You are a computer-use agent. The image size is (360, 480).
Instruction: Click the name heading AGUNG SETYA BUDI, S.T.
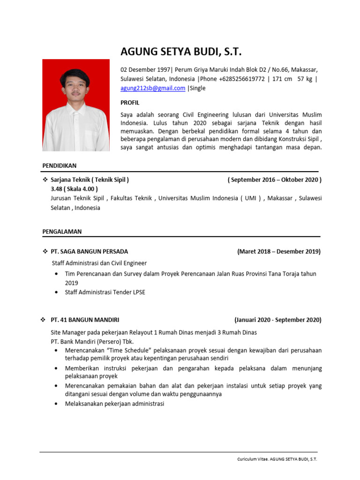click(x=181, y=52)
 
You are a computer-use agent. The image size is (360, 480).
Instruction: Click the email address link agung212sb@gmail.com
click(x=153, y=88)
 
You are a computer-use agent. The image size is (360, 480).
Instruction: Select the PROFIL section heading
click(x=130, y=103)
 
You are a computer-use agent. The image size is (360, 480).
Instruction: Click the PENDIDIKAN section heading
click(x=59, y=165)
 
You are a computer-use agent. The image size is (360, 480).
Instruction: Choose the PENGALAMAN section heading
click(x=62, y=231)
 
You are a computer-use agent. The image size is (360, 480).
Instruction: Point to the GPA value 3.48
click(x=57, y=189)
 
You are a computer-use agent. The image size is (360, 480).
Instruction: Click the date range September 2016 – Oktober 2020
click(x=274, y=180)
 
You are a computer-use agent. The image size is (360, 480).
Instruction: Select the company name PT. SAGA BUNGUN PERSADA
click(x=89, y=251)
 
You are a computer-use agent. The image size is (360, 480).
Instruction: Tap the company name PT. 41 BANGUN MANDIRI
click(x=85, y=320)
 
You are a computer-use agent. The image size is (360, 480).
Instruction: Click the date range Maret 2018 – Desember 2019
click(x=279, y=251)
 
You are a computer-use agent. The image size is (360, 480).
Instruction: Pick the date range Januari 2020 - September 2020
click(x=277, y=320)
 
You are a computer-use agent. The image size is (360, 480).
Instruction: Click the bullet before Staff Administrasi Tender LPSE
click(x=57, y=292)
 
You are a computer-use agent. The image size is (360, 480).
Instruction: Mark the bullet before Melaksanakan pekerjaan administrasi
click(x=57, y=404)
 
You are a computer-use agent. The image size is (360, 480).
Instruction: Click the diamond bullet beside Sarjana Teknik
click(x=45, y=180)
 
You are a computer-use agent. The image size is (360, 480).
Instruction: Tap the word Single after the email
click(x=197, y=88)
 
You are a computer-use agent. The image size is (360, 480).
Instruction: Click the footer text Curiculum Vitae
click(x=251, y=459)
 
